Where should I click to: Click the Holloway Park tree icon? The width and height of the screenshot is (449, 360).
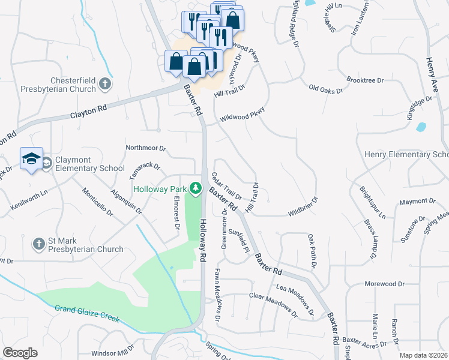point(195,188)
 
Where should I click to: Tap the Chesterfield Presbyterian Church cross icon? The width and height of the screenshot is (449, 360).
point(105,84)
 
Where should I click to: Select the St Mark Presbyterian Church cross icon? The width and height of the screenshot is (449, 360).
point(39,244)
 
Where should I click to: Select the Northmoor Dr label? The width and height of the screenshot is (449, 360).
point(145,148)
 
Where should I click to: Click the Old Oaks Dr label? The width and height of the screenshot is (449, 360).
point(325,90)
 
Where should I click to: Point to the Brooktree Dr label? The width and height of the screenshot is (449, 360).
point(365,80)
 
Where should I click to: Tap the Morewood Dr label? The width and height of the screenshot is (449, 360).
point(384,283)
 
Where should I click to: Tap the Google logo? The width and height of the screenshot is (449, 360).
point(20,353)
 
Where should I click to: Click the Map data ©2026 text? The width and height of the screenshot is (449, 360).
point(423,355)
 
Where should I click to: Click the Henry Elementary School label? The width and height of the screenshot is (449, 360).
point(406,155)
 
